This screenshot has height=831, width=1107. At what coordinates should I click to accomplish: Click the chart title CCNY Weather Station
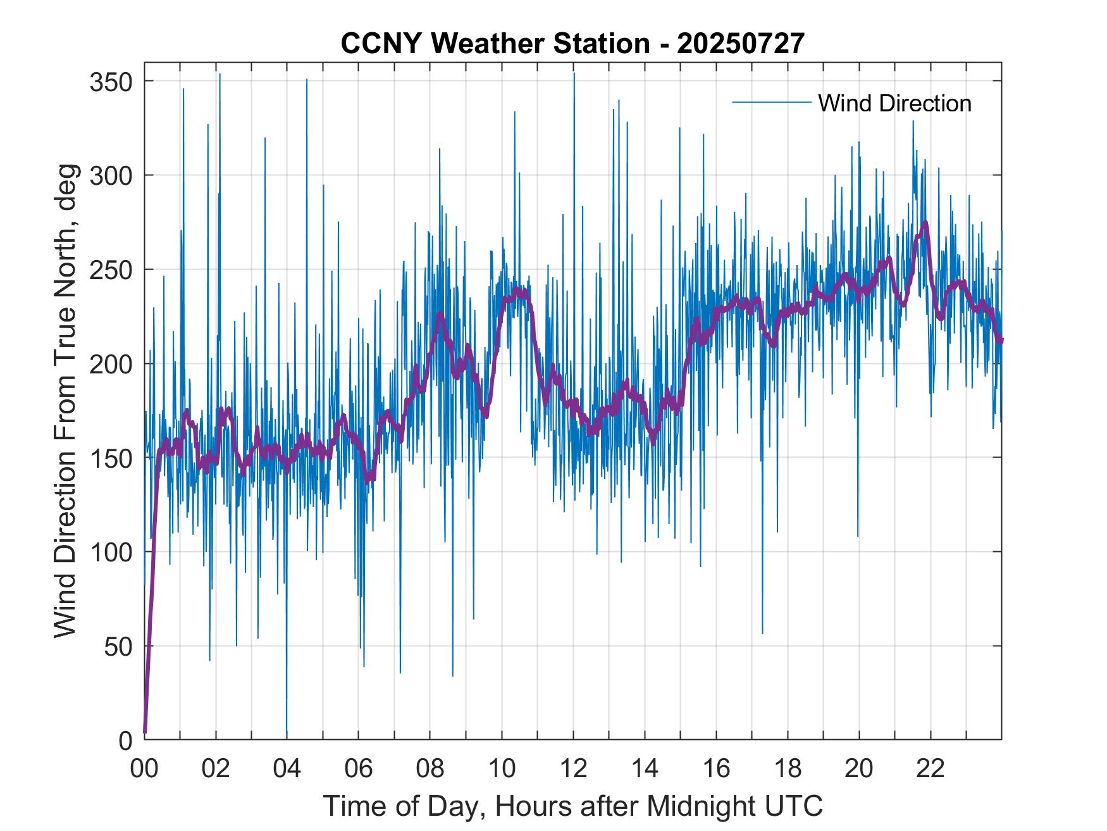(x=495, y=44)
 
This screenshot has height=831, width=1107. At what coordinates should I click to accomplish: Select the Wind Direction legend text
(x=894, y=103)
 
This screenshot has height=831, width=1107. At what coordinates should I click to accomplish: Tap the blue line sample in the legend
(x=771, y=103)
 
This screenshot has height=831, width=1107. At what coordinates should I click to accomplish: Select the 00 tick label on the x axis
(x=144, y=769)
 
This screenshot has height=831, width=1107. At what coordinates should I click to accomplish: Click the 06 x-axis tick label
(x=359, y=769)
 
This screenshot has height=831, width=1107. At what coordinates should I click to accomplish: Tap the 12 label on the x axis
(x=573, y=769)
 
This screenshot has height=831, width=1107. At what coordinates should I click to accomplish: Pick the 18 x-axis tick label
(x=788, y=769)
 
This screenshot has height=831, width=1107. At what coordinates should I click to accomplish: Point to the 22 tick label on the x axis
(x=931, y=769)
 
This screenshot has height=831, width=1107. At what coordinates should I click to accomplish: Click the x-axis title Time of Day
(x=405, y=806)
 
